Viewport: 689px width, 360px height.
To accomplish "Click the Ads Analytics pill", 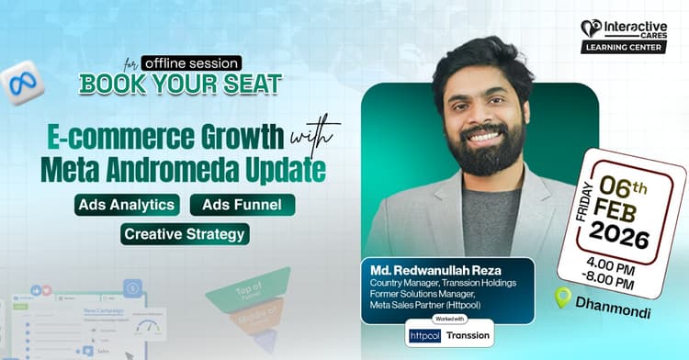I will [128, 205].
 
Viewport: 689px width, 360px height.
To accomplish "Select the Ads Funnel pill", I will [242, 205].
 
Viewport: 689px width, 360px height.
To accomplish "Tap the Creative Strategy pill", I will [185, 234].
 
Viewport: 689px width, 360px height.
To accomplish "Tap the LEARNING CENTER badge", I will [623, 47].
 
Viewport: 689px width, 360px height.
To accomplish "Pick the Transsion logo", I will [469, 335].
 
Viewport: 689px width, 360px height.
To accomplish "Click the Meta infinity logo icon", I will [22, 83].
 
